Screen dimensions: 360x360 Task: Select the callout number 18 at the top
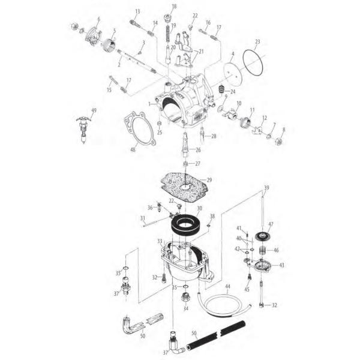174,7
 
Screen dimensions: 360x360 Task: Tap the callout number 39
266,188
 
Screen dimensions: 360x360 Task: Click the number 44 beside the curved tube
227,287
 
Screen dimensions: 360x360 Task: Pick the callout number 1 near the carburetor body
149,104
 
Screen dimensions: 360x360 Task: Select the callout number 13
137,12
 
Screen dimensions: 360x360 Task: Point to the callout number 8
284,129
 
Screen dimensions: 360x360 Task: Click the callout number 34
185,309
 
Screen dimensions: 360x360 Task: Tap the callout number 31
143,218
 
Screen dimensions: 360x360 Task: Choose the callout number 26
197,150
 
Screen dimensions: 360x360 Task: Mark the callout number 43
281,265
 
